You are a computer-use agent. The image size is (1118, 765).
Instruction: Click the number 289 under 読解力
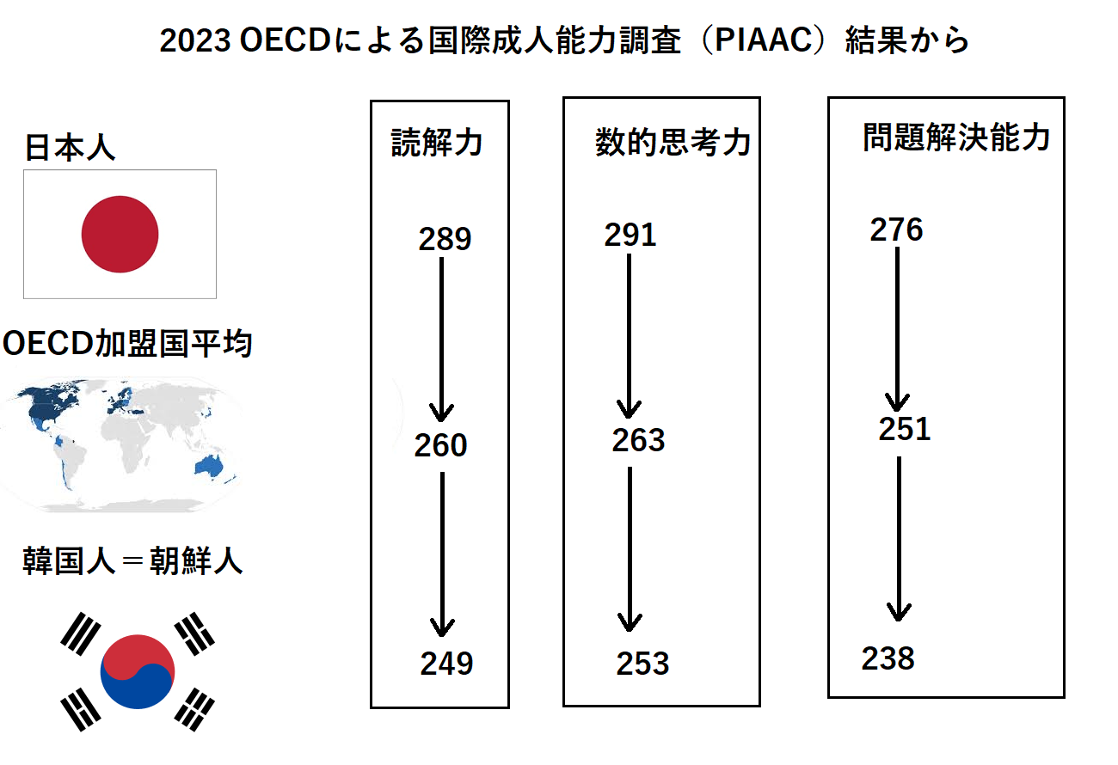tap(445, 239)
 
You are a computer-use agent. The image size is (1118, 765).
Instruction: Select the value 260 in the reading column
tap(440, 445)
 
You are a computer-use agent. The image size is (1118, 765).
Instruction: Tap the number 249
tap(446, 664)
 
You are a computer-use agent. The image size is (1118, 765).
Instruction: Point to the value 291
tap(630, 235)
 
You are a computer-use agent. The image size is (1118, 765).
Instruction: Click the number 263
tap(638, 440)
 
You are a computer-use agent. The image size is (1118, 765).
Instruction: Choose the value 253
tap(643, 664)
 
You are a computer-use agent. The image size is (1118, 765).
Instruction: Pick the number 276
tap(896, 229)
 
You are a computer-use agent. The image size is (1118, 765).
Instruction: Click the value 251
tap(905, 429)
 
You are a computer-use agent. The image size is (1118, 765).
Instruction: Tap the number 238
tap(888, 658)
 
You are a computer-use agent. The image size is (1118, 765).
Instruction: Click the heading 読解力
tap(437, 143)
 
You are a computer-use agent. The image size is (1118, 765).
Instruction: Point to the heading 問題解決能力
tap(957, 137)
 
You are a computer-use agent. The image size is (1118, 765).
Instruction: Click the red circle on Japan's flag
tap(120, 235)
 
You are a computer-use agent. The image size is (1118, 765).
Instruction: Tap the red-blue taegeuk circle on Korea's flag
tap(138, 672)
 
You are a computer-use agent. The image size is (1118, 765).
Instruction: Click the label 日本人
tap(70, 148)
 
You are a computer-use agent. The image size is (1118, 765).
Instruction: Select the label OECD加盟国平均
tap(128, 344)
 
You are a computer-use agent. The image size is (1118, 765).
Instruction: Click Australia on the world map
tap(209, 466)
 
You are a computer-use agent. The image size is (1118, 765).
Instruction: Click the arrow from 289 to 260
tap(442, 340)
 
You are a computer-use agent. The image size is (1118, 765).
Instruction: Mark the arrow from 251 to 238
tap(899, 539)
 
